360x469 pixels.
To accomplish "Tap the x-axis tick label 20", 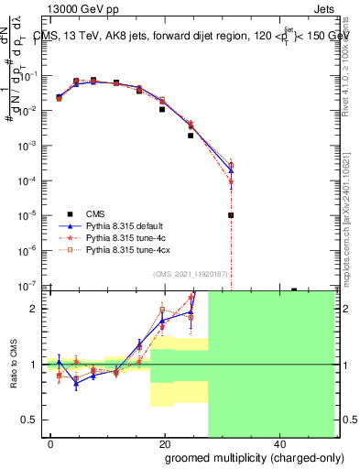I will coord(165,444).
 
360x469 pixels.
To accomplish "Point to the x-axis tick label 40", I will coord(278,444).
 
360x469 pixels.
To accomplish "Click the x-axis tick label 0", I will coord(50,444).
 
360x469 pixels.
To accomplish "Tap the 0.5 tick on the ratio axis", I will coord(30,420).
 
